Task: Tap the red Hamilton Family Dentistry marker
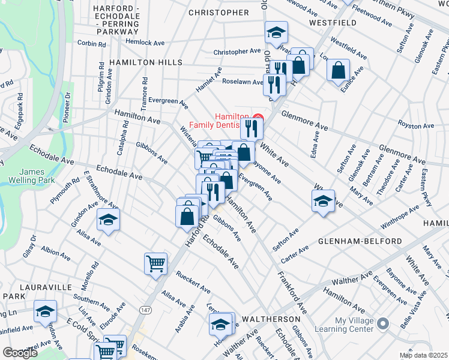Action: pyautogui.click(x=259, y=117)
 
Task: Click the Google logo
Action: pyautogui.click(x=20, y=353)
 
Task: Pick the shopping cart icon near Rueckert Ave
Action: pyautogui.click(x=155, y=263)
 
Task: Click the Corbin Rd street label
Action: pyautogui.click(x=91, y=44)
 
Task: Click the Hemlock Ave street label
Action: pyautogui.click(x=145, y=43)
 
